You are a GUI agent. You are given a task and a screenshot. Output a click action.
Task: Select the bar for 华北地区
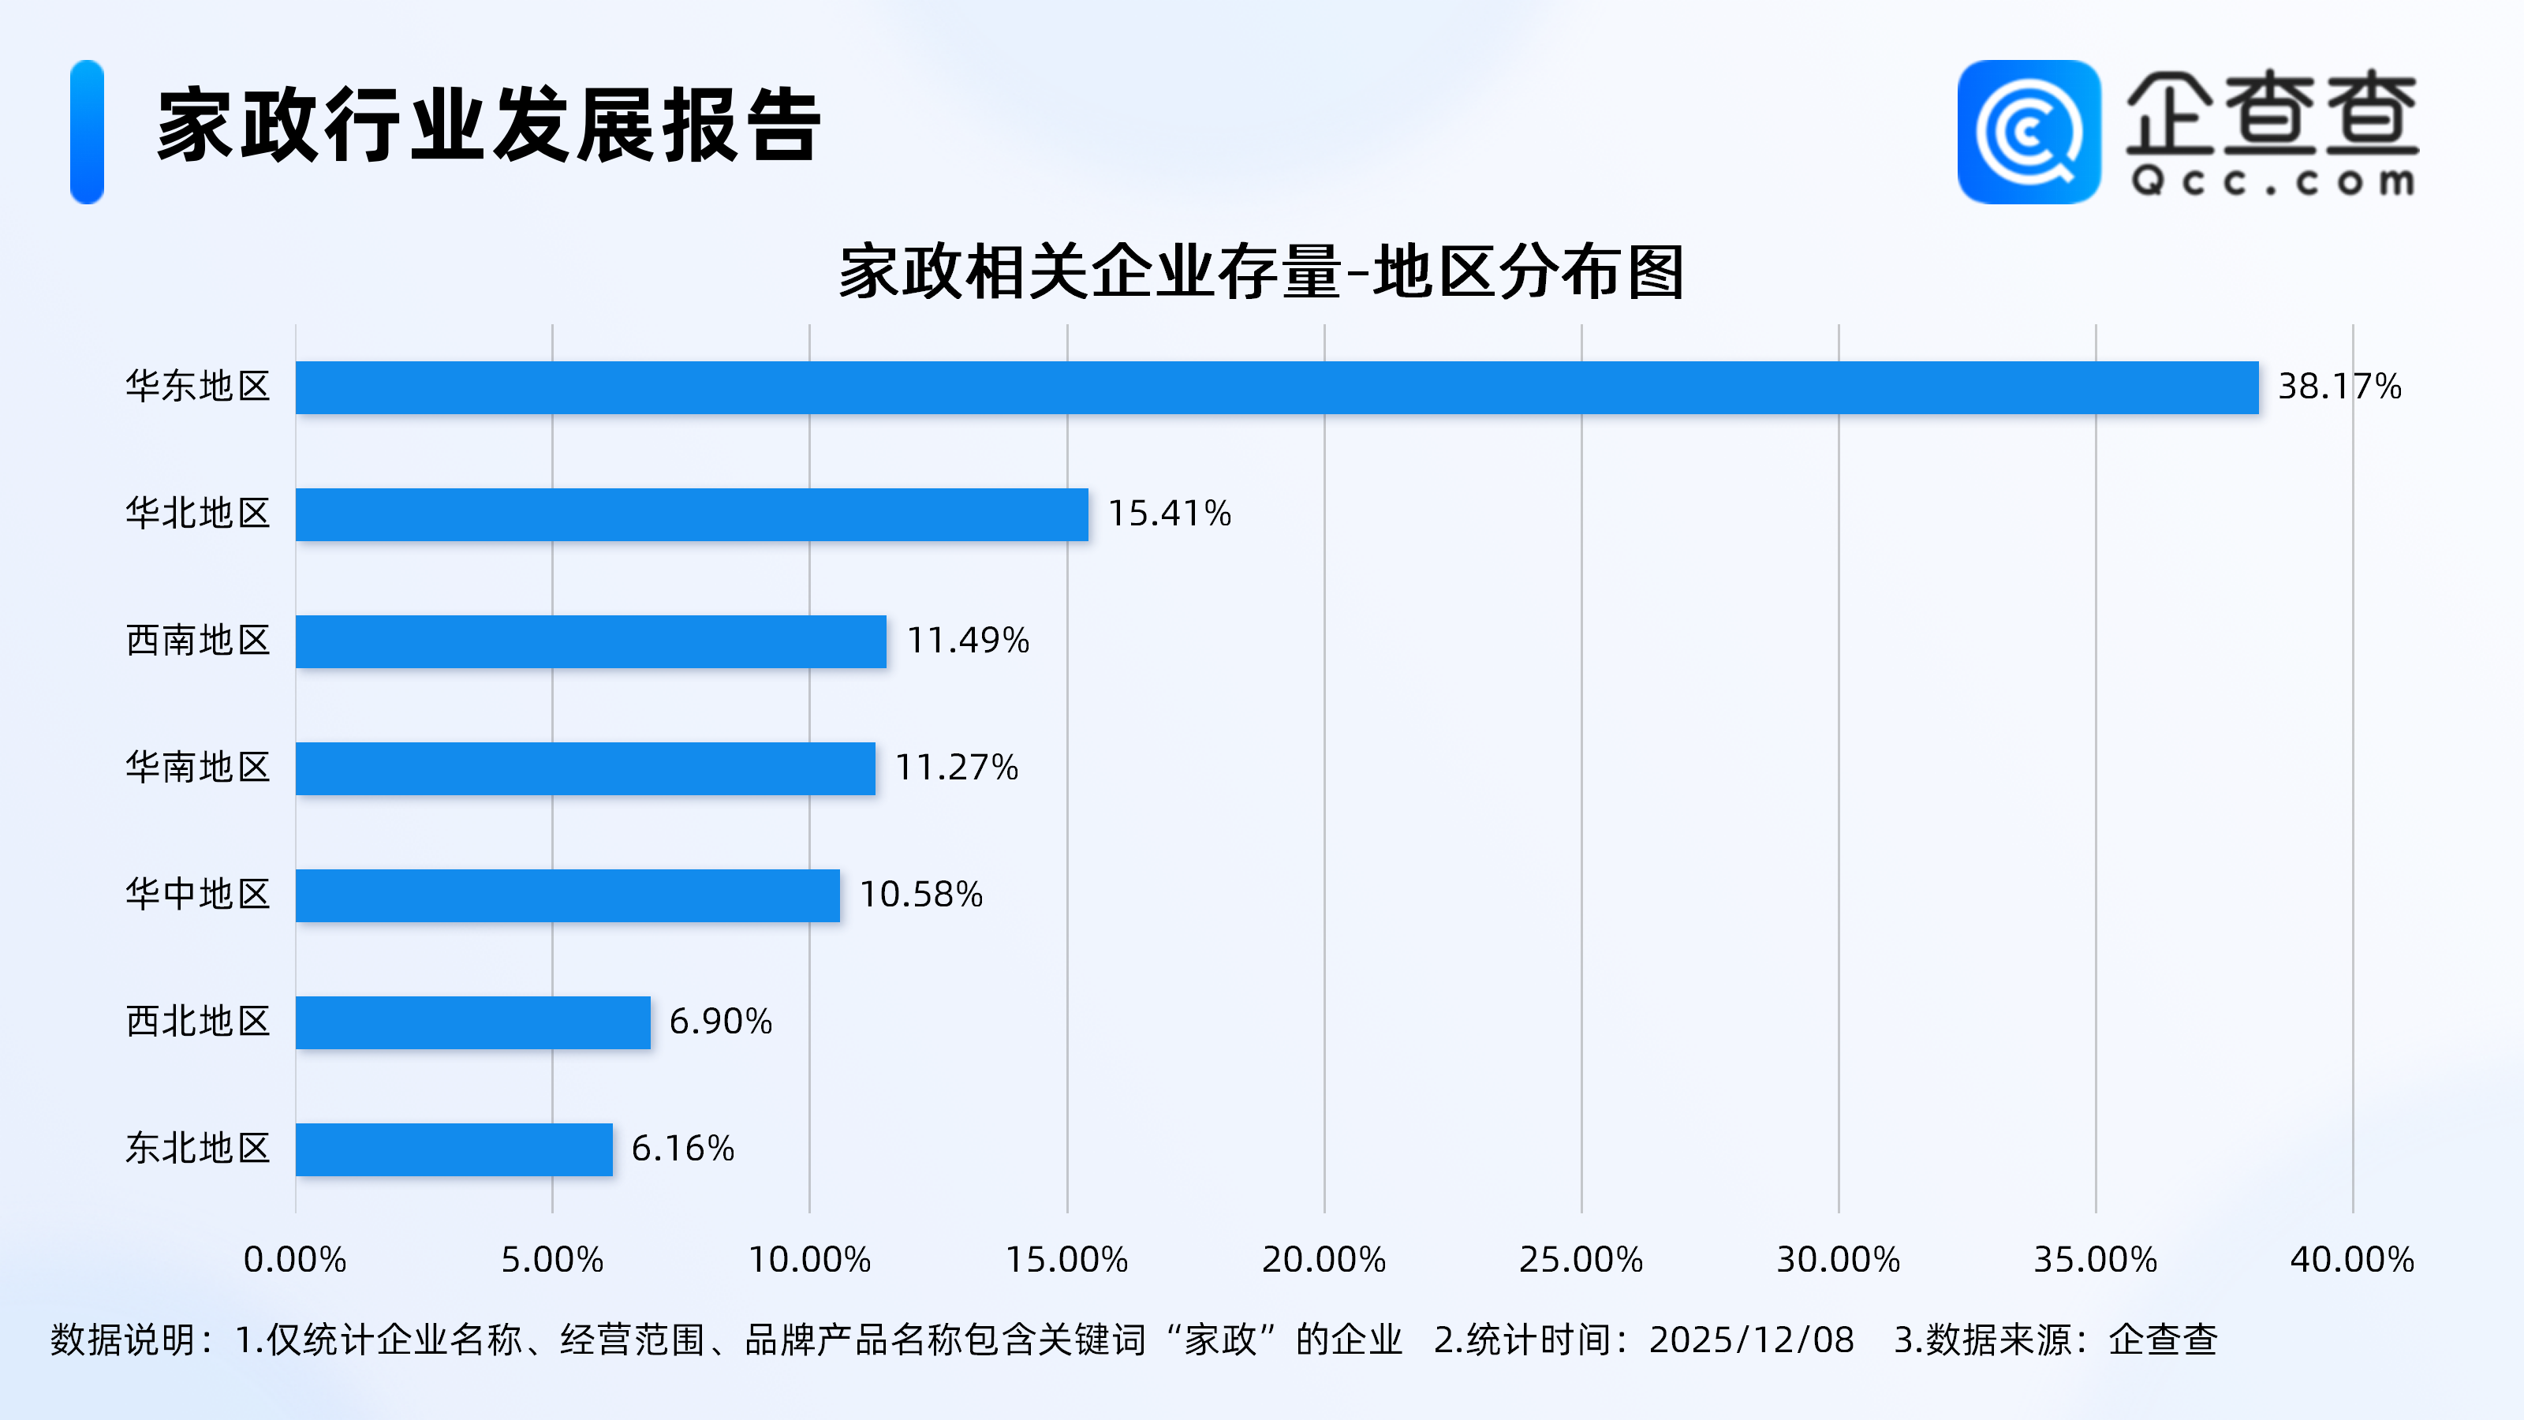click(x=691, y=514)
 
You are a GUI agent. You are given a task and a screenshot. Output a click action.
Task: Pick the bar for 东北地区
click(x=453, y=1149)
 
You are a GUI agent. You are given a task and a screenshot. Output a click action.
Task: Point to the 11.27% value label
click(x=956, y=768)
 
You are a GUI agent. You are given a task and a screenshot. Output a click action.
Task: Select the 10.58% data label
click(x=921, y=895)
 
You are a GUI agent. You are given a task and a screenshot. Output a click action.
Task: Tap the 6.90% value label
click(x=720, y=1021)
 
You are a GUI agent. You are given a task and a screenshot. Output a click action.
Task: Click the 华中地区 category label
click(x=197, y=895)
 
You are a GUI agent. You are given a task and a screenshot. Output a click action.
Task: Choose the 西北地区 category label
click(x=197, y=1021)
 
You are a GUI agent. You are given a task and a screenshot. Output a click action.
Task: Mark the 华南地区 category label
click(x=197, y=768)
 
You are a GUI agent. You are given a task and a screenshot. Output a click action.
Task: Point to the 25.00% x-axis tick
click(x=1581, y=1259)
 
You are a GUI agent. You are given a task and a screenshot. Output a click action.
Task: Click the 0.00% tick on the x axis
click(x=295, y=1259)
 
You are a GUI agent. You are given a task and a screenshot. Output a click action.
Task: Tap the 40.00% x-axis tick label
click(x=2351, y=1259)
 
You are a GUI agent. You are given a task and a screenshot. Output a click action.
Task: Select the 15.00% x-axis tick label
click(x=1066, y=1259)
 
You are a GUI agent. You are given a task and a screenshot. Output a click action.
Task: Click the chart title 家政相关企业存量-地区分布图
click(x=1261, y=271)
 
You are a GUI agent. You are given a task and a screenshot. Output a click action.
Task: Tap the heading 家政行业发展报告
click(x=488, y=125)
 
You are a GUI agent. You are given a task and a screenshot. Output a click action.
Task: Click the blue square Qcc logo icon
click(x=2028, y=133)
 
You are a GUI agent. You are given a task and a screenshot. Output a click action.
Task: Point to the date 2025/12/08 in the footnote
click(x=1751, y=1340)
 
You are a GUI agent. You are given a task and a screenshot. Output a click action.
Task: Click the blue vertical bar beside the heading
click(x=88, y=133)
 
